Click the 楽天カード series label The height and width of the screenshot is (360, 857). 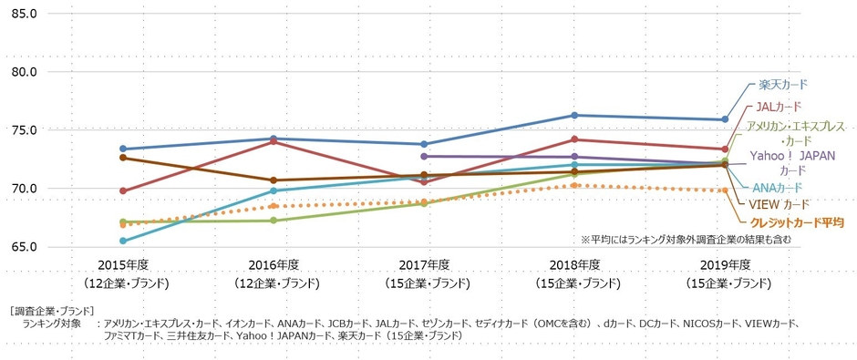[782, 85]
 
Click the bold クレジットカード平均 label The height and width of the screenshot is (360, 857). [797, 221]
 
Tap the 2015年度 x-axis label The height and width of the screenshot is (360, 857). [123, 264]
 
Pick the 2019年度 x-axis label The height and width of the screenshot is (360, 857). [725, 264]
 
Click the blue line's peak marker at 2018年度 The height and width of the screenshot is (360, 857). [574, 115]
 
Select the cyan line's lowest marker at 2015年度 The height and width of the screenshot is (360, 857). [123, 241]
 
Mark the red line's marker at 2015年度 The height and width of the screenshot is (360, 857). [123, 191]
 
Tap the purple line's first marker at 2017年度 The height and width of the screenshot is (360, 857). [424, 157]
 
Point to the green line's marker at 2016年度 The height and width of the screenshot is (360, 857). [274, 221]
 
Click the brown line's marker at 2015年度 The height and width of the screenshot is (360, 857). [123, 158]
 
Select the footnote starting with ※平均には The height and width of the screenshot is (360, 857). [686, 239]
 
